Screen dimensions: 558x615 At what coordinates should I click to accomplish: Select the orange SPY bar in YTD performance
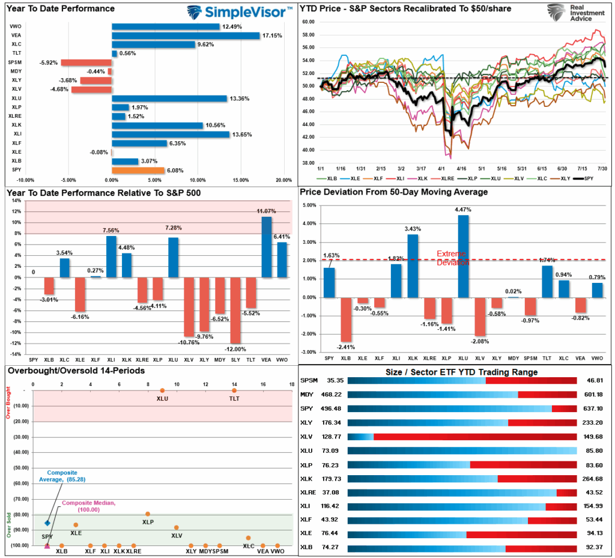[x=138, y=171]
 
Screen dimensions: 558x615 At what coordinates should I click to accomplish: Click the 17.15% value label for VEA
[x=270, y=36]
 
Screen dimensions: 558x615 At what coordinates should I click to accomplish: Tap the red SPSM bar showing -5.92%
[x=86, y=62]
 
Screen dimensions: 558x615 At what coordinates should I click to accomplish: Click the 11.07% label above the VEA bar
[x=265, y=211]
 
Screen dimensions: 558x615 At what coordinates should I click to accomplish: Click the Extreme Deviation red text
[x=451, y=258]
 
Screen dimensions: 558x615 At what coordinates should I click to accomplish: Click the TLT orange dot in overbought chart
[x=234, y=391]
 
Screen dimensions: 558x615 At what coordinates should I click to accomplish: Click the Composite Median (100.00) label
[x=80, y=506]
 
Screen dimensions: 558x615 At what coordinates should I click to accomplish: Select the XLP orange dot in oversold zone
[x=148, y=514]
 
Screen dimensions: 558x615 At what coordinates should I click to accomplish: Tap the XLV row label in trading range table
[x=306, y=439]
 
